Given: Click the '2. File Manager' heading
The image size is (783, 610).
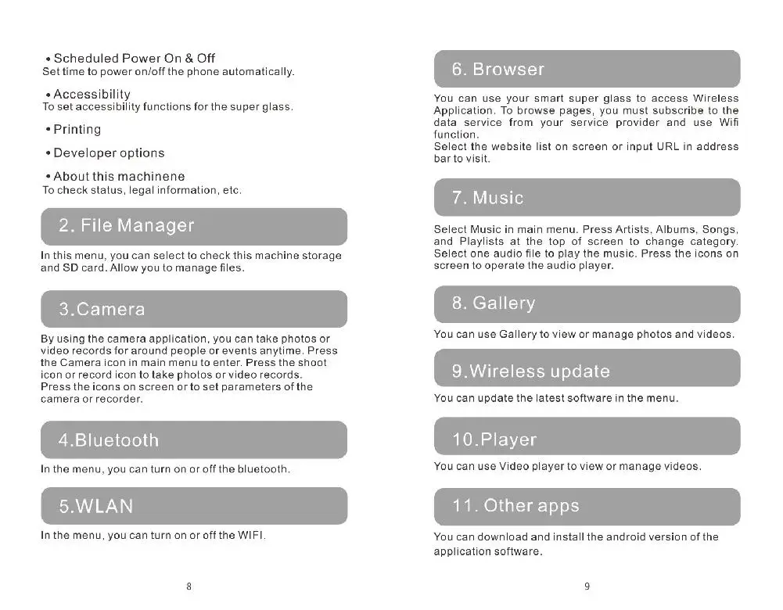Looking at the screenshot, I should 127,226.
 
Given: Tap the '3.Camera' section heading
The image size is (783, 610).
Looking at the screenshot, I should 102,310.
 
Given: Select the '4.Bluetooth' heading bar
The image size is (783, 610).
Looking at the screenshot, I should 109,440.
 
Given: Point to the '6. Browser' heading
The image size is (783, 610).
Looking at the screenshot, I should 497,70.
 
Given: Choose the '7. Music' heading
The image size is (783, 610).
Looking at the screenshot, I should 487,198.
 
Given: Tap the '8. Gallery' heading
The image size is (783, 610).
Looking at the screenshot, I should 494,303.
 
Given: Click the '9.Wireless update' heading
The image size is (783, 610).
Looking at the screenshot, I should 530,371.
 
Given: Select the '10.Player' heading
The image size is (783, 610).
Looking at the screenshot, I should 494,440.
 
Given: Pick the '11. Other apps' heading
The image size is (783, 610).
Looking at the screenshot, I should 515,506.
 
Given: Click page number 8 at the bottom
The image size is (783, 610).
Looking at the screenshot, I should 189,586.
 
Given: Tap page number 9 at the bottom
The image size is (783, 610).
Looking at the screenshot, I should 587,586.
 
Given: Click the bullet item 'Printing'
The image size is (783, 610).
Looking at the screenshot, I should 77,130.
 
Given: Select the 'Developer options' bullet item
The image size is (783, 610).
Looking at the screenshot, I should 109,153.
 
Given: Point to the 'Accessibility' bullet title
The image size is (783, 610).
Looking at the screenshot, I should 92,95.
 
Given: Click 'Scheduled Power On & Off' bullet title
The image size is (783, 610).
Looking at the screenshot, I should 134,59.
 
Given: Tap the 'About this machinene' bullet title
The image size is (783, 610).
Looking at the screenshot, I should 119,177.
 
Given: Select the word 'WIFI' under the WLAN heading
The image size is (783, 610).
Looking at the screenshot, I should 250,536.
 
